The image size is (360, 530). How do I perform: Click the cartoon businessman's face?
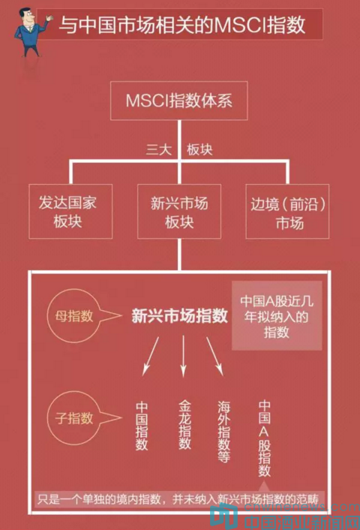coord(27,17)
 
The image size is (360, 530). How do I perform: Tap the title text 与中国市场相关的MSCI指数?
coord(182,25)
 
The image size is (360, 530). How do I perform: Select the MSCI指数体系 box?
coord(179,101)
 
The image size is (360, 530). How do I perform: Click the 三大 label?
coord(159,149)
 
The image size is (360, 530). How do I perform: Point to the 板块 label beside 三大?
coord(199,149)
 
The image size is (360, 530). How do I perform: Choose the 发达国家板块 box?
coord(70,211)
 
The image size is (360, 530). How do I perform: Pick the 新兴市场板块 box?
coord(179,211)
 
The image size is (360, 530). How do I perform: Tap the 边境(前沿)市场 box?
coord(287,211)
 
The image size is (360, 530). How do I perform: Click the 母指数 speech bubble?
coord(74,316)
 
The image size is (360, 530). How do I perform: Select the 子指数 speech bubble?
coord(74,418)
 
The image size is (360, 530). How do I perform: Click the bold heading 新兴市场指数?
coord(180,316)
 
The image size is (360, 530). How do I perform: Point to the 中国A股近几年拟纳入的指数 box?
coord(277,316)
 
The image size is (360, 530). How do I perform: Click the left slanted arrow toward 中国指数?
coord(151,357)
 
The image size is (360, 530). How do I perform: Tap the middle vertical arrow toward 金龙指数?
coord(184,356)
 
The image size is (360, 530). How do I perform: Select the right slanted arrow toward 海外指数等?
coord(214,357)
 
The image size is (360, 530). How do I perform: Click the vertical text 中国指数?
coord(142,426)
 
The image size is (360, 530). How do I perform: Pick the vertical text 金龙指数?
coord(184,425)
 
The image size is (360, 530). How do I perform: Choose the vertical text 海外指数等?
coord(223,432)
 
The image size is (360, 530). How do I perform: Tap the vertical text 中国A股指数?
coord(265,438)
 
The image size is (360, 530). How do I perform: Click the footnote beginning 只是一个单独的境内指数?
coord(178,499)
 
